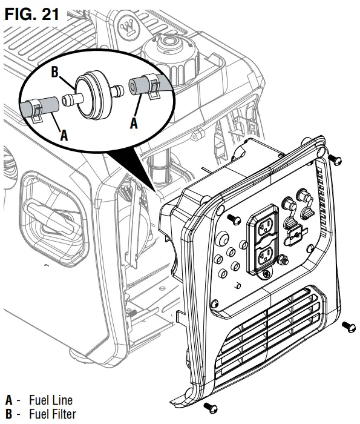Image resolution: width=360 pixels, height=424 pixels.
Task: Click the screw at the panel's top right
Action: pyautogui.click(x=336, y=160)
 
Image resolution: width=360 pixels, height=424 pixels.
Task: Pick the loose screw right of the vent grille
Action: pyautogui.click(x=348, y=326)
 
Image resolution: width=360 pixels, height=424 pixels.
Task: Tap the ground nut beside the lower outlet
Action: pyautogui.click(x=281, y=260)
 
